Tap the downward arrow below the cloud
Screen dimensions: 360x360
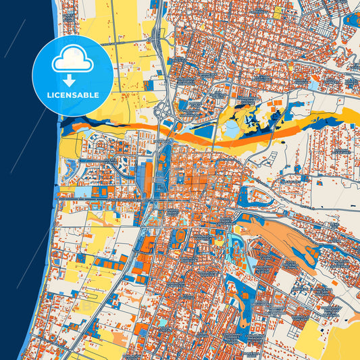(72, 79)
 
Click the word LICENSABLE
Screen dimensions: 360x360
(72, 95)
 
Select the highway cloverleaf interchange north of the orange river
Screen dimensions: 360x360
(163, 111)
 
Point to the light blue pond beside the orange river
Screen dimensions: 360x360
(232, 128)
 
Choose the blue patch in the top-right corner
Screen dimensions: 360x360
(351, 19)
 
